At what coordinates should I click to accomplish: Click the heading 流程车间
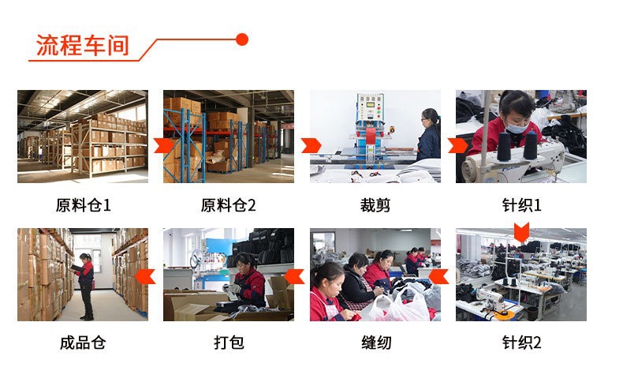[x=83, y=45]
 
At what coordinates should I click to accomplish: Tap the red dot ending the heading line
[x=242, y=39]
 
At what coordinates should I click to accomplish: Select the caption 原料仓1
[x=83, y=205]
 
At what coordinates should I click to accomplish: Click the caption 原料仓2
[x=229, y=205]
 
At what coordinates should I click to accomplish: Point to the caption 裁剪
[x=375, y=205]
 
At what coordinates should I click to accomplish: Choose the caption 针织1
[x=521, y=205]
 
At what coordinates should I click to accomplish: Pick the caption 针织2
[x=521, y=343]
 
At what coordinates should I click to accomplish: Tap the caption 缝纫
[x=375, y=343]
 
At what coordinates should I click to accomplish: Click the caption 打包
[x=229, y=343]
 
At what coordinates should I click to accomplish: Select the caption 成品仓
[x=83, y=343]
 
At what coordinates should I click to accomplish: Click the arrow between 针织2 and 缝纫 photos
[x=440, y=276]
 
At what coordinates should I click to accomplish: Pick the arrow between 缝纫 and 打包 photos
[x=294, y=276]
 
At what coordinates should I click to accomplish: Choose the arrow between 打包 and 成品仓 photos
[x=144, y=276]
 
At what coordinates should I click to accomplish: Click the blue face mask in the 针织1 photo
[x=516, y=127]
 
